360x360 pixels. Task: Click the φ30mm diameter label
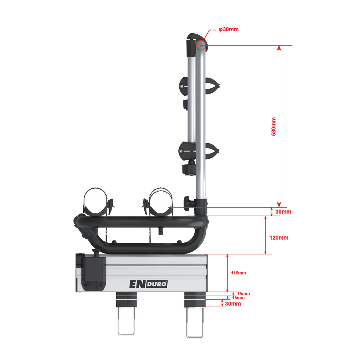pyautogui.click(x=228, y=29)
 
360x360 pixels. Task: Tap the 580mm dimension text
pyautogui.click(x=274, y=126)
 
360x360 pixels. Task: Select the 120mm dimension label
pyautogui.click(x=279, y=238)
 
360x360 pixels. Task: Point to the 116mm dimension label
pyautogui.click(x=238, y=273)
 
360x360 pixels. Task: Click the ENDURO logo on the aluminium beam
pyautogui.click(x=148, y=284)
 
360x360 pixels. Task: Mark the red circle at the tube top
pyautogui.click(x=201, y=45)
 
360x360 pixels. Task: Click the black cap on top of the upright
pyautogui.click(x=196, y=45)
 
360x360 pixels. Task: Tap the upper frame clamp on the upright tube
pyautogui.click(x=199, y=86)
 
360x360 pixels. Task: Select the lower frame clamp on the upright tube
pyautogui.click(x=199, y=151)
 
